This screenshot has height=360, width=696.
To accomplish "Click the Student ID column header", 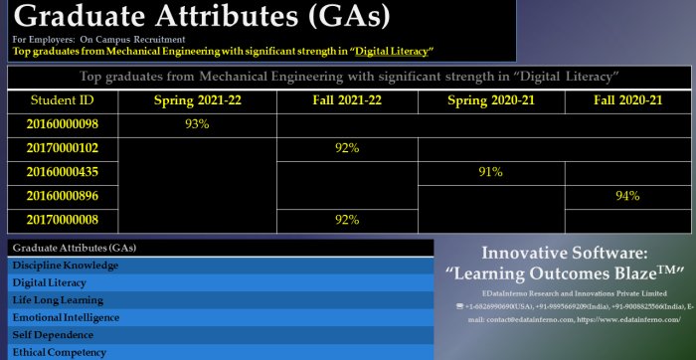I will click(x=63, y=100).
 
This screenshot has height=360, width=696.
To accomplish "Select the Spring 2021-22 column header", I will click(x=197, y=100).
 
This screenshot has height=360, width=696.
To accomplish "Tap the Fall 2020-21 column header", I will click(x=627, y=100).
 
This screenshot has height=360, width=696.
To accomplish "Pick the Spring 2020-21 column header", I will click(x=491, y=100).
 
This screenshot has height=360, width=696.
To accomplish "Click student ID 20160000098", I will click(x=63, y=124).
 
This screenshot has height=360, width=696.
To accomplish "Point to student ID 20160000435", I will click(x=63, y=172).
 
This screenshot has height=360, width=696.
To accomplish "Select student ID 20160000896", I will click(x=63, y=196).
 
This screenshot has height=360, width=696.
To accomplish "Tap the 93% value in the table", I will click(x=197, y=124).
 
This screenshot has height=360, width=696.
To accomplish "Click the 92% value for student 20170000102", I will click(x=347, y=148).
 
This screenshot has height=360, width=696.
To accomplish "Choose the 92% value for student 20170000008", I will click(x=347, y=220).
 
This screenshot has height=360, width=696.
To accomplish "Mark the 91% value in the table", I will click(x=491, y=172).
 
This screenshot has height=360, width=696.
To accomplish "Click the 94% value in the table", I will click(x=627, y=196).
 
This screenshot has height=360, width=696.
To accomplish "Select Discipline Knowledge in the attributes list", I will click(x=65, y=266).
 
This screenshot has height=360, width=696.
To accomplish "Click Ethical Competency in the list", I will click(x=60, y=352).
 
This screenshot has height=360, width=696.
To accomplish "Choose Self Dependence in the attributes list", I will click(x=54, y=335).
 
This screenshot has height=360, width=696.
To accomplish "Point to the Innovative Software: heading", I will click(x=564, y=253).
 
